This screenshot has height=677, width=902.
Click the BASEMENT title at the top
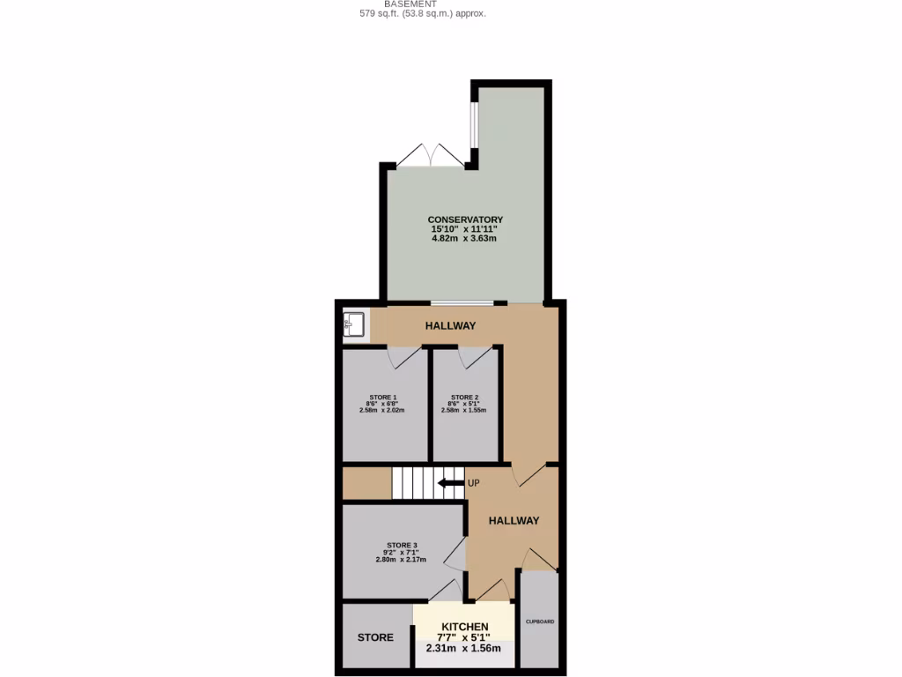[x=410, y=4]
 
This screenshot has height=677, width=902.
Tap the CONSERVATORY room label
[x=465, y=219]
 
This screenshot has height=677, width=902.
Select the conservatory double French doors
[x=429, y=156]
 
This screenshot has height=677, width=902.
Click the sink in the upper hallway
[x=354, y=324]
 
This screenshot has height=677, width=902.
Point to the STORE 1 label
[x=382, y=397]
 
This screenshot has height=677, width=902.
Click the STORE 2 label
[x=464, y=397]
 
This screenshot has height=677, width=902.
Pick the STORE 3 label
[x=401, y=545]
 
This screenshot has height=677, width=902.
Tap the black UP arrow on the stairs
[x=451, y=482]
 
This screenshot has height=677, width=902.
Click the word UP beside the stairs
[x=474, y=483]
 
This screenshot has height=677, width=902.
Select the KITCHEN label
[x=464, y=627]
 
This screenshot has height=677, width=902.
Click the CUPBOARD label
[x=539, y=621]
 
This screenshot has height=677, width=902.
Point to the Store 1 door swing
[x=404, y=357]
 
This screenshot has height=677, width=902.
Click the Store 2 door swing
[x=474, y=357]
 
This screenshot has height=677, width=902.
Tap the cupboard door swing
[x=538, y=560]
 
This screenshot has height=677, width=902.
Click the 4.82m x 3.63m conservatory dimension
[x=464, y=239]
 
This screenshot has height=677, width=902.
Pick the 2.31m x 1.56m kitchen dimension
[x=463, y=648]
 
